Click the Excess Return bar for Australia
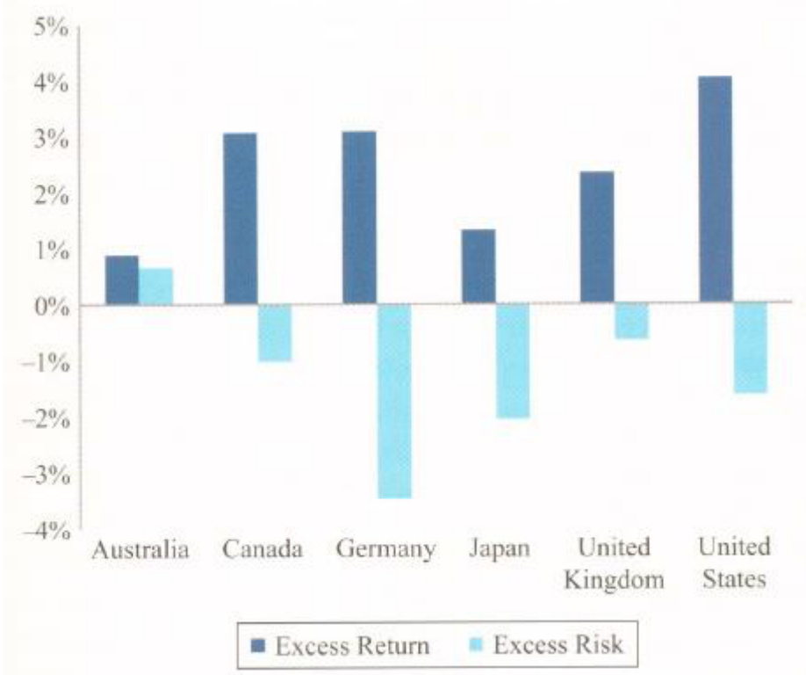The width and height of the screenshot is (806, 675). point(122,280)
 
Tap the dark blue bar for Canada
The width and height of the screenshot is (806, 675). point(241,219)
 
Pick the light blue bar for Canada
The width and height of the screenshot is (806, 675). point(275,333)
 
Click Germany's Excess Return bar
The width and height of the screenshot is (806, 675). point(359,218)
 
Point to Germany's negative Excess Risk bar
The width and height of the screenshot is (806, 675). point(394,402)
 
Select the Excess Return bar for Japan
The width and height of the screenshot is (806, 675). point(479,267)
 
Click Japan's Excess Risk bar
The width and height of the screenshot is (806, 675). point(513,361)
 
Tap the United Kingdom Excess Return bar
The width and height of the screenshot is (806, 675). point(597,238)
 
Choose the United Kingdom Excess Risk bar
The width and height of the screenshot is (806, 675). point(632,322)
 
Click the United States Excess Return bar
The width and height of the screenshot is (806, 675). point(715,191)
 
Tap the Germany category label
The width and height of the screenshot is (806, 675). point(385,550)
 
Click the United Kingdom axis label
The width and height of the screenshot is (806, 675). point(614,563)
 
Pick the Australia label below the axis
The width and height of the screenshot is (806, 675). point(140,550)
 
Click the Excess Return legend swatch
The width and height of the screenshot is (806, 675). point(258,646)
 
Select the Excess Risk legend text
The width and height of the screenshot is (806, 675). point(558,645)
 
